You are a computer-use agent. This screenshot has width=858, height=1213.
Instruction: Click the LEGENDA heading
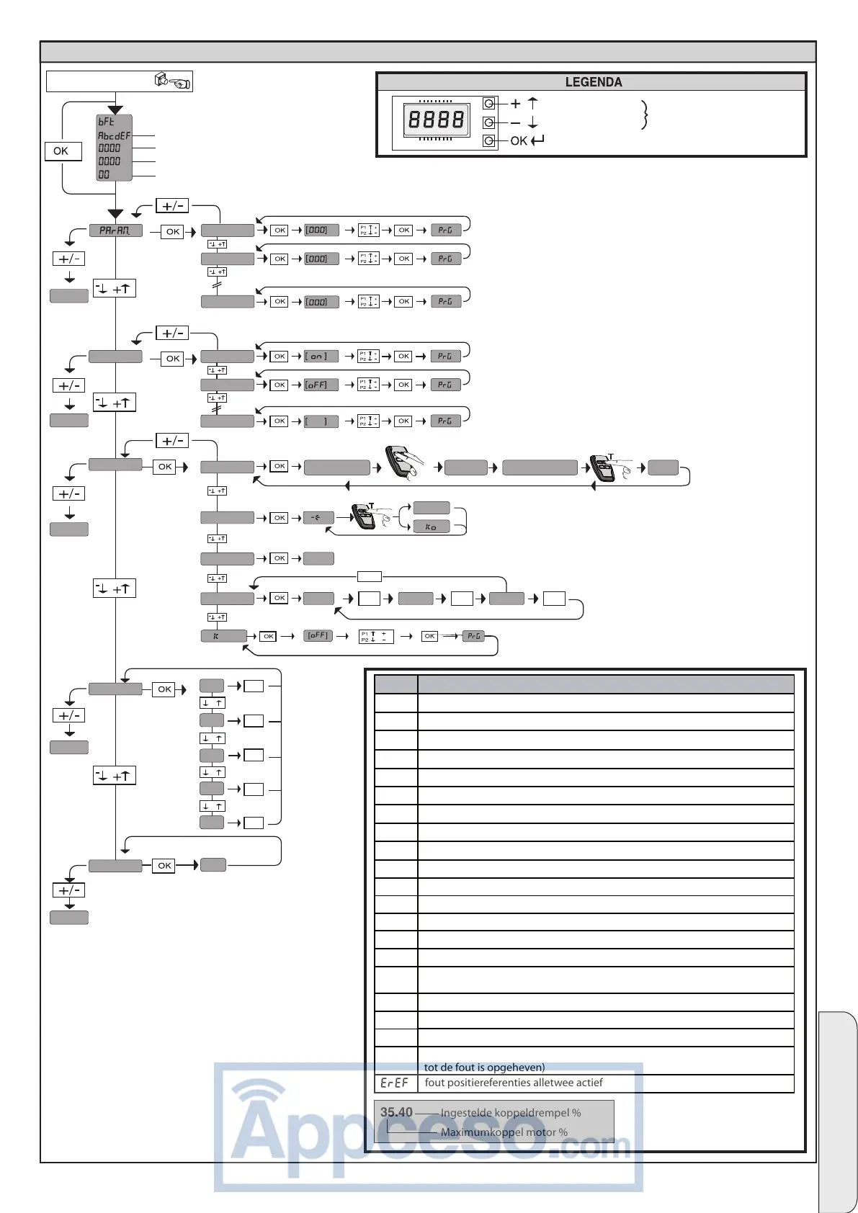pos(593,82)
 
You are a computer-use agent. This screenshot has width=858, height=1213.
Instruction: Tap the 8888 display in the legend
pos(436,119)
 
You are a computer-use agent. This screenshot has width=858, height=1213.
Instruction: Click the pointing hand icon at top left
pos(173,81)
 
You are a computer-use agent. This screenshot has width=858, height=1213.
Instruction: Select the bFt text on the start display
pos(107,122)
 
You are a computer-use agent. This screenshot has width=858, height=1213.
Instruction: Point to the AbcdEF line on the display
pos(114,135)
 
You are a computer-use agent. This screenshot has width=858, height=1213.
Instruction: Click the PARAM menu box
pos(115,230)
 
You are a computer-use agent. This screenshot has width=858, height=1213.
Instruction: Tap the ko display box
pos(431,527)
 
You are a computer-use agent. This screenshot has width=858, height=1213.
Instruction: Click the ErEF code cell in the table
pos(395,1083)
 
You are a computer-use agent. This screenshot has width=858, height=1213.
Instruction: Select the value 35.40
pos(396,1112)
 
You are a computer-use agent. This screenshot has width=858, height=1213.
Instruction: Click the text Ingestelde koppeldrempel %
pos(510,1113)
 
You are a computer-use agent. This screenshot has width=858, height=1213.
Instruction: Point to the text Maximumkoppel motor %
pos(504,1132)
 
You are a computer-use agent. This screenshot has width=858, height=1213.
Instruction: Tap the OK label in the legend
pos(519,141)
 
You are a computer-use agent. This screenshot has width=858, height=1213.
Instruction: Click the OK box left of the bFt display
pos(61,151)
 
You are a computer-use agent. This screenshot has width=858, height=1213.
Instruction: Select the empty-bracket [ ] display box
pos(321,421)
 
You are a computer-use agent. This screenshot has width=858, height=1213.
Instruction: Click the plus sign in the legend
pos(516,104)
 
